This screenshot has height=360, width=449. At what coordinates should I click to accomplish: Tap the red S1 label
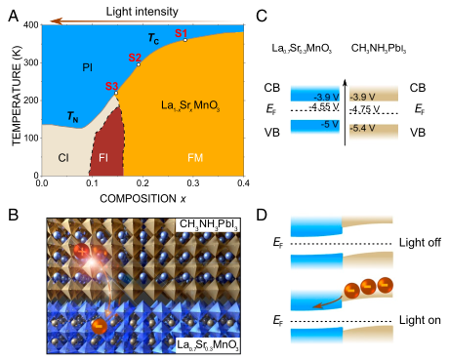click(x=180, y=33)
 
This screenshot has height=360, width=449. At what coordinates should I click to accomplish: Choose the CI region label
click(x=63, y=157)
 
